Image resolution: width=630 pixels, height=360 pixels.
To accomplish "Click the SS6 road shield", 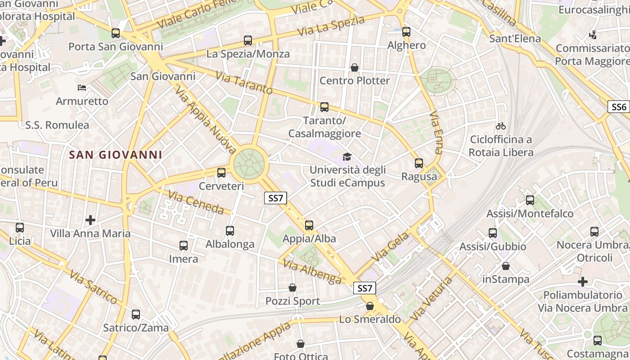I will coord(619,107).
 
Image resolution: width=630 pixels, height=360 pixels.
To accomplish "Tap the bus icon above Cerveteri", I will coord(221,172).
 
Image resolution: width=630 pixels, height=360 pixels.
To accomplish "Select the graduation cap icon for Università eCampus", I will coord(347,157).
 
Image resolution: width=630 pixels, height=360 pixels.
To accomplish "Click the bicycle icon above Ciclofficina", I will coord(500,126).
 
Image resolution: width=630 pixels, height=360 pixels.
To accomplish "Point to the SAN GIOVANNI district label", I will coord(116,155).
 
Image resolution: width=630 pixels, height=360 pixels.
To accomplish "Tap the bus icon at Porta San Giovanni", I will coord(116,33).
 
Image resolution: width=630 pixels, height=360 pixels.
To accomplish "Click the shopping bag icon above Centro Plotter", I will coord(355,67).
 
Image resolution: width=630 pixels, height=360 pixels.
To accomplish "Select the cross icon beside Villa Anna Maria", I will coord(90,220).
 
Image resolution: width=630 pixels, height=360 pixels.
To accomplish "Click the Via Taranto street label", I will coord(244,82).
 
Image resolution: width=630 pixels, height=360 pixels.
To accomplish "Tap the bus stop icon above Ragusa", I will coord(419,163).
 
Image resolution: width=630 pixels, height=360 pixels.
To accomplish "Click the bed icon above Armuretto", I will coord(82,87).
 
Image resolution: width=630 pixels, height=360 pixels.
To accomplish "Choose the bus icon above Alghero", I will coord(406,31).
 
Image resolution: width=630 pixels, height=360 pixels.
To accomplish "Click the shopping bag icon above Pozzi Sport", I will coord(292,287).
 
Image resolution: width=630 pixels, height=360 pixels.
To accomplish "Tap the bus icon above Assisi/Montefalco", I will coord(530,200).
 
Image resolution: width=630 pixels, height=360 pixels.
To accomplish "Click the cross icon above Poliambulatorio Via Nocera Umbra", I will coord(583,282).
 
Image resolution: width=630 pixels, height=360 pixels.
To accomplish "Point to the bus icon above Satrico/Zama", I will coord(136,315).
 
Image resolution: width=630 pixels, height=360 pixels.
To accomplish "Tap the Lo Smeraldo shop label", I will coord(370,319).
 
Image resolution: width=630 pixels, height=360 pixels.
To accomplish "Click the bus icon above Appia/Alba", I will coord(309,225).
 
